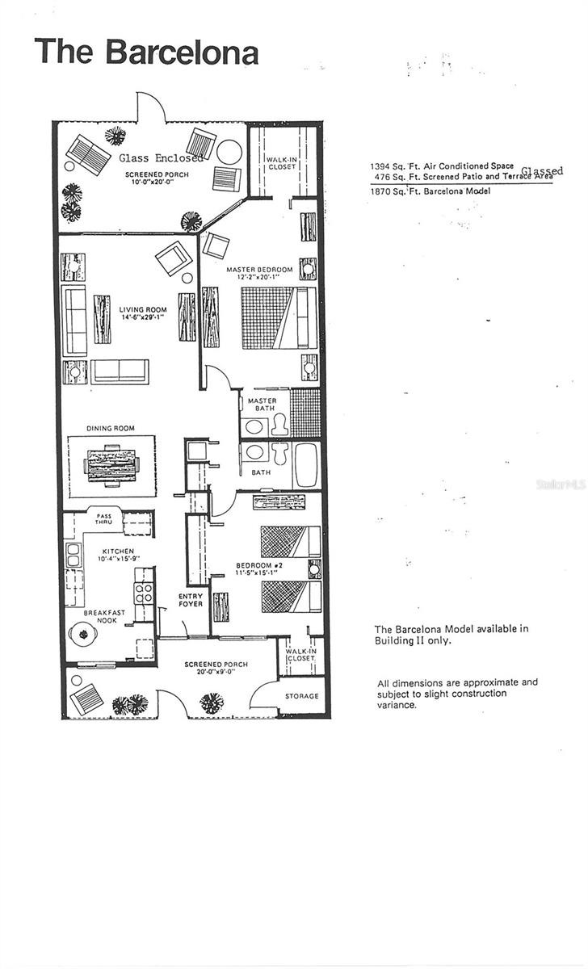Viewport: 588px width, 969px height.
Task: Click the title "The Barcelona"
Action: coord(146,52)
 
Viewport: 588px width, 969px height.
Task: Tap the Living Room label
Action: coord(142,310)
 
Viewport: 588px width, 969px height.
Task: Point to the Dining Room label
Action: coord(111,428)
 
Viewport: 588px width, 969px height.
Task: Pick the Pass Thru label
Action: coord(104,518)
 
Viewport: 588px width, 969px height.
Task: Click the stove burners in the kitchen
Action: coord(145,593)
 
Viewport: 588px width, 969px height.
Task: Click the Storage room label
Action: coord(302,696)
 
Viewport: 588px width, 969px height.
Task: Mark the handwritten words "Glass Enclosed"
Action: coord(161,158)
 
